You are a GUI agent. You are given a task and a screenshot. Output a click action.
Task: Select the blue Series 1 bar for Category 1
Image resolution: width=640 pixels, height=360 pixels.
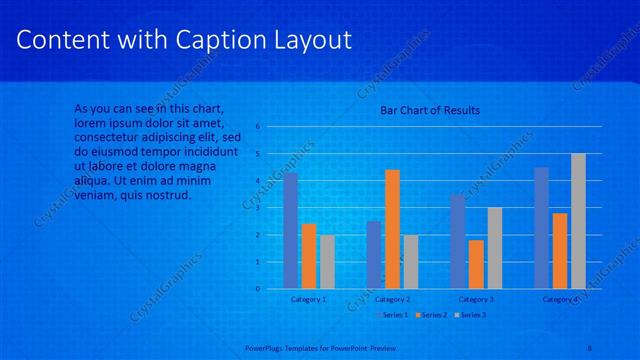click(x=291, y=231)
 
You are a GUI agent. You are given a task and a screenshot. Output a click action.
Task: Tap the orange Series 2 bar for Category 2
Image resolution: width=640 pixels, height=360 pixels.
click(x=392, y=229)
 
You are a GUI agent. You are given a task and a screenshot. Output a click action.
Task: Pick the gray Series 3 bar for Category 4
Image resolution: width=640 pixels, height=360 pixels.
click(x=578, y=221)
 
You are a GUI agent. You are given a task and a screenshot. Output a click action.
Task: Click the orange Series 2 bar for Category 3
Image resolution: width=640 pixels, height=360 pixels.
click(x=476, y=264)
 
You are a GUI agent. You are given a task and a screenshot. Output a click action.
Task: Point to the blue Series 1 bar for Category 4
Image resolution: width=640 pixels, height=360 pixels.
click(x=541, y=228)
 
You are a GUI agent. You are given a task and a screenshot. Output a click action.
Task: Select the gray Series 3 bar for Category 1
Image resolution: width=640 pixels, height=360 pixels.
click(x=327, y=262)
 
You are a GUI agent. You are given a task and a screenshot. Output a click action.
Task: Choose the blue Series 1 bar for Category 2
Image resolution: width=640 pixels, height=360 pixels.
click(x=374, y=255)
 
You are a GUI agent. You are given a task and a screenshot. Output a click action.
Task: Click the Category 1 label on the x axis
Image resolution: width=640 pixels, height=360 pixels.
click(x=308, y=299)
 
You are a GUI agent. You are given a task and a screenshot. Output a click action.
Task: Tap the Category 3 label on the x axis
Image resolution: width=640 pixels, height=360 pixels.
click(x=476, y=299)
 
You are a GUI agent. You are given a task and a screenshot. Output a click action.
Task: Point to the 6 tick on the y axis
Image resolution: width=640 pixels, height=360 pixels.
click(x=257, y=127)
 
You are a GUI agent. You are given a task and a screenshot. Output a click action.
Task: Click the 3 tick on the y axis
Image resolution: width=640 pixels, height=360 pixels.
click(x=257, y=208)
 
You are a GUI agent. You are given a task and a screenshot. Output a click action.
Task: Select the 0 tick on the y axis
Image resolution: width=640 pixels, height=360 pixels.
click(x=257, y=289)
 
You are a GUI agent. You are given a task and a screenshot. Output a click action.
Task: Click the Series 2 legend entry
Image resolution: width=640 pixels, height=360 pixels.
click(x=431, y=315)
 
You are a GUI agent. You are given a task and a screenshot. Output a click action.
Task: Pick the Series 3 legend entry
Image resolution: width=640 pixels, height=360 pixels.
click(x=472, y=315)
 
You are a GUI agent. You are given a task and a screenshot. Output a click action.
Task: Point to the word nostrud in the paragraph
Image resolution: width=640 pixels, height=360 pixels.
click(x=167, y=195)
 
